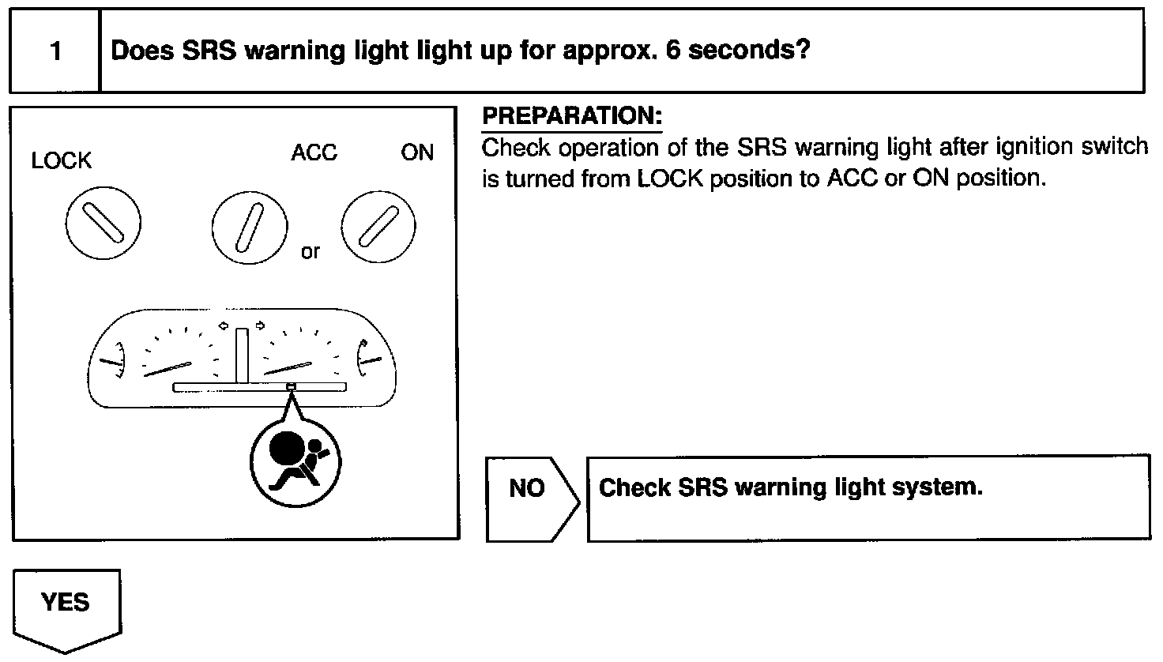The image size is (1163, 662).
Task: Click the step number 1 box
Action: tap(55, 51)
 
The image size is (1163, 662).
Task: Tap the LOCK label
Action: tap(62, 161)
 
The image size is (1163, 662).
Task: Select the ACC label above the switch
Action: tap(314, 152)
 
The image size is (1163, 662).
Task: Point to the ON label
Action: tap(417, 152)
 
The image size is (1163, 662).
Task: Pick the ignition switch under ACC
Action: tap(250, 224)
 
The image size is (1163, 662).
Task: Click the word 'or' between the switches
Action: tap(311, 252)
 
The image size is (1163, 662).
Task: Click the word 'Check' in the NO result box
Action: tap(634, 487)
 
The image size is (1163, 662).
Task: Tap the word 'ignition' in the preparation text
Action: tap(1033, 147)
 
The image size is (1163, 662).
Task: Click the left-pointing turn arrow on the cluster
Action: tap(224, 325)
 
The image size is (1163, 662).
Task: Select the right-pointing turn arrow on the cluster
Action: tap(260, 325)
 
